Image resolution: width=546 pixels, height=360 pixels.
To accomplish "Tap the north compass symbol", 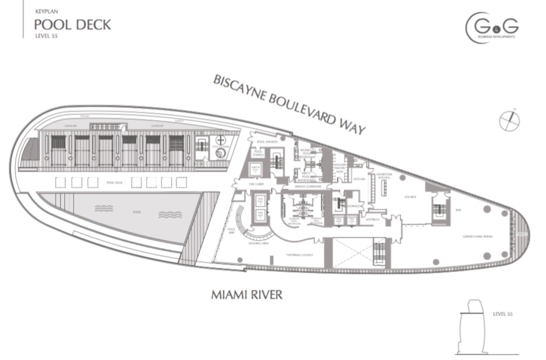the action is click(x=509, y=121).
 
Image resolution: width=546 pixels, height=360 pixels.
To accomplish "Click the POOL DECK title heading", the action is click(x=72, y=25).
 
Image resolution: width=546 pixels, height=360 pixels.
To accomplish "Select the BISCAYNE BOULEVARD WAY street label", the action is click(x=289, y=105).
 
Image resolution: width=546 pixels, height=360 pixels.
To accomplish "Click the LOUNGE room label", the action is click(x=411, y=197).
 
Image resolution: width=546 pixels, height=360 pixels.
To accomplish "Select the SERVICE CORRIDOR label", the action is click(x=308, y=186).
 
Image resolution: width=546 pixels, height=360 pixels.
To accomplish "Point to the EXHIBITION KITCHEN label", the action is click(x=383, y=175).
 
